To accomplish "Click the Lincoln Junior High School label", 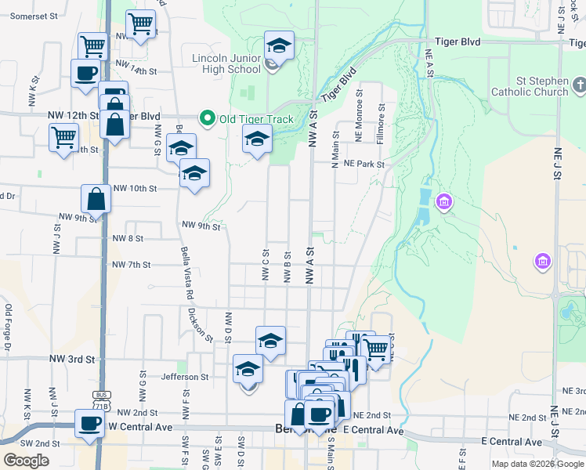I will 226,63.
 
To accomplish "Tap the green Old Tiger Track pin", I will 208,119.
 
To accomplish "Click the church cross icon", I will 578,84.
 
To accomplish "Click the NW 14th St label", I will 136,70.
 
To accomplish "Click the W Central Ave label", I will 139,426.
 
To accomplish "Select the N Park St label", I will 358,164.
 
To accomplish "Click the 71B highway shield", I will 100,406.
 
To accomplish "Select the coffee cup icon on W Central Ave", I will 89,423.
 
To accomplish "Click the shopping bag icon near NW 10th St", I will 96,200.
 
